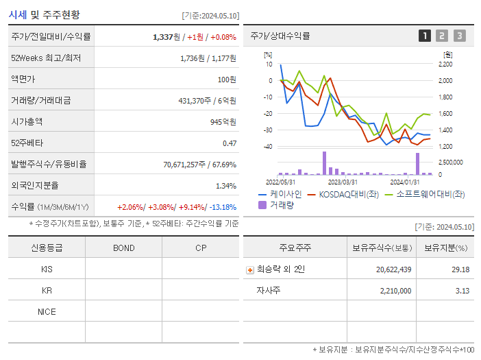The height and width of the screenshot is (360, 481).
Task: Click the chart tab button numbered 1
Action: (425, 36)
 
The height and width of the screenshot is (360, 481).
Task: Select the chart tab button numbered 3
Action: (459, 36)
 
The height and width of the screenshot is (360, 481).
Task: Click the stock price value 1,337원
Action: (169, 37)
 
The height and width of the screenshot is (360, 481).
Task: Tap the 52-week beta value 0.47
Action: (229, 143)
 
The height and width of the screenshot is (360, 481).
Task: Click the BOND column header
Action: (123, 248)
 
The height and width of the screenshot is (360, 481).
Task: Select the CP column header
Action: (201, 248)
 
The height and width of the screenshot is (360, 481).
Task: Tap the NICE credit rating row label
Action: (47, 312)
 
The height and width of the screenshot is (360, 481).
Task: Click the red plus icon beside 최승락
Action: (250, 269)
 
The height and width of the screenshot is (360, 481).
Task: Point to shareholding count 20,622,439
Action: (393, 269)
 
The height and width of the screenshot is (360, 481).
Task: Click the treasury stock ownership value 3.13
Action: (460, 291)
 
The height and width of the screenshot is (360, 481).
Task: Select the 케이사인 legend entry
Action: (280, 194)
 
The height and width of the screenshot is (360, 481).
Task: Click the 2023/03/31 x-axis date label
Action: (342, 182)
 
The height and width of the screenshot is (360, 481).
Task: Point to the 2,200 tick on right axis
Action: (444, 64)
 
